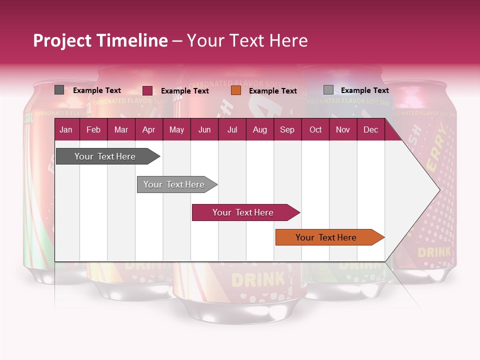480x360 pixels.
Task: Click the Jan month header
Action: [x=66, y=129]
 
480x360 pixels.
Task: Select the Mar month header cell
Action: [x=121, y=129]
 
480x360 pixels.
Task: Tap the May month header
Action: [x=176, y=129]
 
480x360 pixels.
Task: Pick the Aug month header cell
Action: [x=259, y=129]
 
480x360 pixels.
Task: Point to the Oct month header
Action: [x=315, y=129]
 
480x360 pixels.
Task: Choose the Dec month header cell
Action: [x=370, y=129]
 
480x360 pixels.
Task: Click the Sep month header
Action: [x=287, y=129]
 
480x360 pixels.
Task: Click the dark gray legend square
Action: [x=59, y=90]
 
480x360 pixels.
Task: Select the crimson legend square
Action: [x=147, y=90]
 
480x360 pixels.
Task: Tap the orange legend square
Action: [x=236, y=90]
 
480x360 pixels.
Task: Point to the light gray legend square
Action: [x=328, y=90]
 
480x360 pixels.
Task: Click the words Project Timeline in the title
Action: [x=100, y=40]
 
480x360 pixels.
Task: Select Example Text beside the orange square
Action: [x=272, y=91]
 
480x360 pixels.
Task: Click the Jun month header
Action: [x=204, y=129]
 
